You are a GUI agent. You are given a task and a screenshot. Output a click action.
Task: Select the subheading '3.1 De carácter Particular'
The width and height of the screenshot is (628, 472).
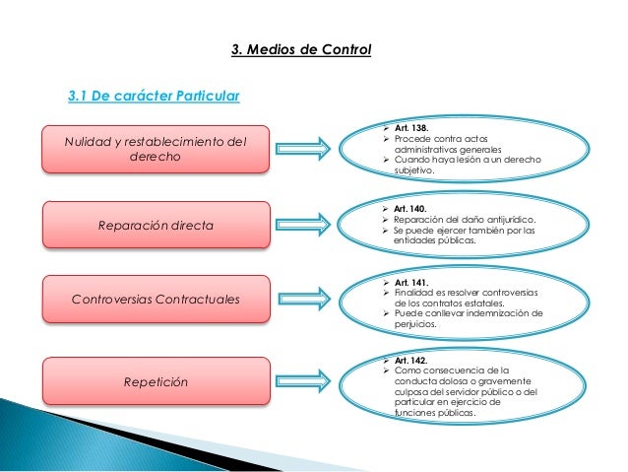[153, 97]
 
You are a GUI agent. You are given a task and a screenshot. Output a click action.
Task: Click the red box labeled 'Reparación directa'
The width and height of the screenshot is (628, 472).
[155, 225]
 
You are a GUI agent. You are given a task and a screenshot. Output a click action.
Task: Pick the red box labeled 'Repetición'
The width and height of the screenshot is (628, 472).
[155, 379]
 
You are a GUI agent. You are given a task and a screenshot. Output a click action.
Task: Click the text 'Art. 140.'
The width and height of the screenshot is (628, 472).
[409, 210]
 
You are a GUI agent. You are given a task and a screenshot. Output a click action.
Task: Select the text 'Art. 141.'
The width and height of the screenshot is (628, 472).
[410, 282]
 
